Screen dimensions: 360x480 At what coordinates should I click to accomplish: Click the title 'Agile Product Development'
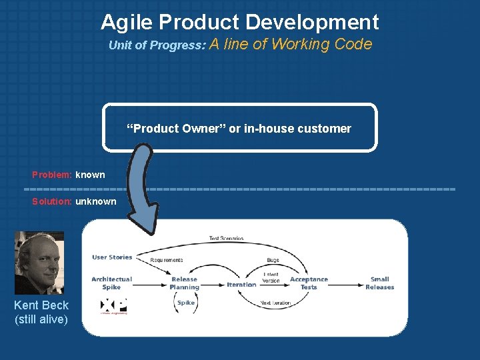(x=240, y=22)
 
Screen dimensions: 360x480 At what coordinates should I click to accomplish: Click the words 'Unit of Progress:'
(x=157, y=46)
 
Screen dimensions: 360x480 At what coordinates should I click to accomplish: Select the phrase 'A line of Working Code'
(x=291, y=45)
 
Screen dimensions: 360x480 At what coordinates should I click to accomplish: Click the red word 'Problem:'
(x=52, y=175)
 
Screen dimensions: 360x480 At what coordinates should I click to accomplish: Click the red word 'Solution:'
(x=52, y=201)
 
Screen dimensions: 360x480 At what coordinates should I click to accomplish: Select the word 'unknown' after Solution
(x=96, y=201)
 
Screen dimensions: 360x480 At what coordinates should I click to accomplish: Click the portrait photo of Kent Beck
(x=39, y=263)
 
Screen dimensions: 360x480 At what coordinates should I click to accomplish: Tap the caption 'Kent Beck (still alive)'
(x=41, y=312)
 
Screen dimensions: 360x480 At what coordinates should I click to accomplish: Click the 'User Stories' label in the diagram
(x=112, y=257)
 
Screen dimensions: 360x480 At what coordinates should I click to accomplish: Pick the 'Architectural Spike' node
(x=111, y=283)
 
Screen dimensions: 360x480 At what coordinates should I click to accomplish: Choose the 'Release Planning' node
(x=184, y=283)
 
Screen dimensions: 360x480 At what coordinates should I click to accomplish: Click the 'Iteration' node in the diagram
(x=241, y=285)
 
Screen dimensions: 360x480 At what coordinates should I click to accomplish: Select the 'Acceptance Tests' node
(x=309, y=283)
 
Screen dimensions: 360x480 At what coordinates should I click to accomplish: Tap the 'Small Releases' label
(x=379, y=283)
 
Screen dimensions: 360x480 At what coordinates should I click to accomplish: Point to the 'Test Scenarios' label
(x=226, y=238)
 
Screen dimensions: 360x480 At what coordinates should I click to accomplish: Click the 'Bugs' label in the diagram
(x=273, y=260)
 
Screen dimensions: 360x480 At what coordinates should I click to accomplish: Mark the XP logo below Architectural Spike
(x=113, y=306)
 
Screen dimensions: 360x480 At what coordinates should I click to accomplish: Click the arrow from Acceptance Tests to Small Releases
(x=346, y=284)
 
